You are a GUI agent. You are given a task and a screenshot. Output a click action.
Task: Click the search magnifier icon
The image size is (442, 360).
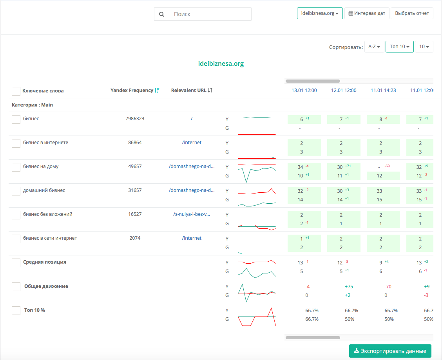[x=161, y=14]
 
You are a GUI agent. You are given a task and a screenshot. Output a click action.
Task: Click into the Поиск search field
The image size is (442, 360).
[x=210, y=14]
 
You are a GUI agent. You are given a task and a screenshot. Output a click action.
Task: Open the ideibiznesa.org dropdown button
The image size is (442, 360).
[x=320, y=13]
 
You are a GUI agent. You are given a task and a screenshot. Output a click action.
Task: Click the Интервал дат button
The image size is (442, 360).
[x=367, y=13]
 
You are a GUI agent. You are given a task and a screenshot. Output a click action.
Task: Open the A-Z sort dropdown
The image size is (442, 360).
[x=374, y=47]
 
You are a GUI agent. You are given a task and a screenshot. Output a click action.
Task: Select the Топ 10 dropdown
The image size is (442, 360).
[x=399, y=47]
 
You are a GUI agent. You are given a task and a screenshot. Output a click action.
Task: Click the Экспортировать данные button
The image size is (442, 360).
[x=390, y=351]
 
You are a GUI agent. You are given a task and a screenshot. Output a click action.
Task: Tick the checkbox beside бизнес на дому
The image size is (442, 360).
[x=16, y=167]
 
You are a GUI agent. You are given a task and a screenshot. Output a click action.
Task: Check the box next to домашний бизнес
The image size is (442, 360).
[x=16, y=191]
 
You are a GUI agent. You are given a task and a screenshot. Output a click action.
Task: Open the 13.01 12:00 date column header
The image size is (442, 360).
[x=304, y=90]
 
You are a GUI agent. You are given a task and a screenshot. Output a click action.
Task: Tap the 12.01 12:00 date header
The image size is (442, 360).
[x=344, y=90]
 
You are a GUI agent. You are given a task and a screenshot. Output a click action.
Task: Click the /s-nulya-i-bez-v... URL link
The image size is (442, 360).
[x=192, y=214]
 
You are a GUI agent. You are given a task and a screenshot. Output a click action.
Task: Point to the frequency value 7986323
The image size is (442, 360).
[x=135, y=119]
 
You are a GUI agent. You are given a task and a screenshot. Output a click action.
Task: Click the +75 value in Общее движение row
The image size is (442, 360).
[x=349, y=287]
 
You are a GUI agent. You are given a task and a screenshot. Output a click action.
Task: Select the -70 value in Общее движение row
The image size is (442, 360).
[x=388, y=287]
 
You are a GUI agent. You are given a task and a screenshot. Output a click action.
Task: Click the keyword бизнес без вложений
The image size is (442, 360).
[x=48, y=214]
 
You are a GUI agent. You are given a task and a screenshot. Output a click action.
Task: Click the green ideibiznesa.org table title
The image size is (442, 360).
[x=221, y=64]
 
